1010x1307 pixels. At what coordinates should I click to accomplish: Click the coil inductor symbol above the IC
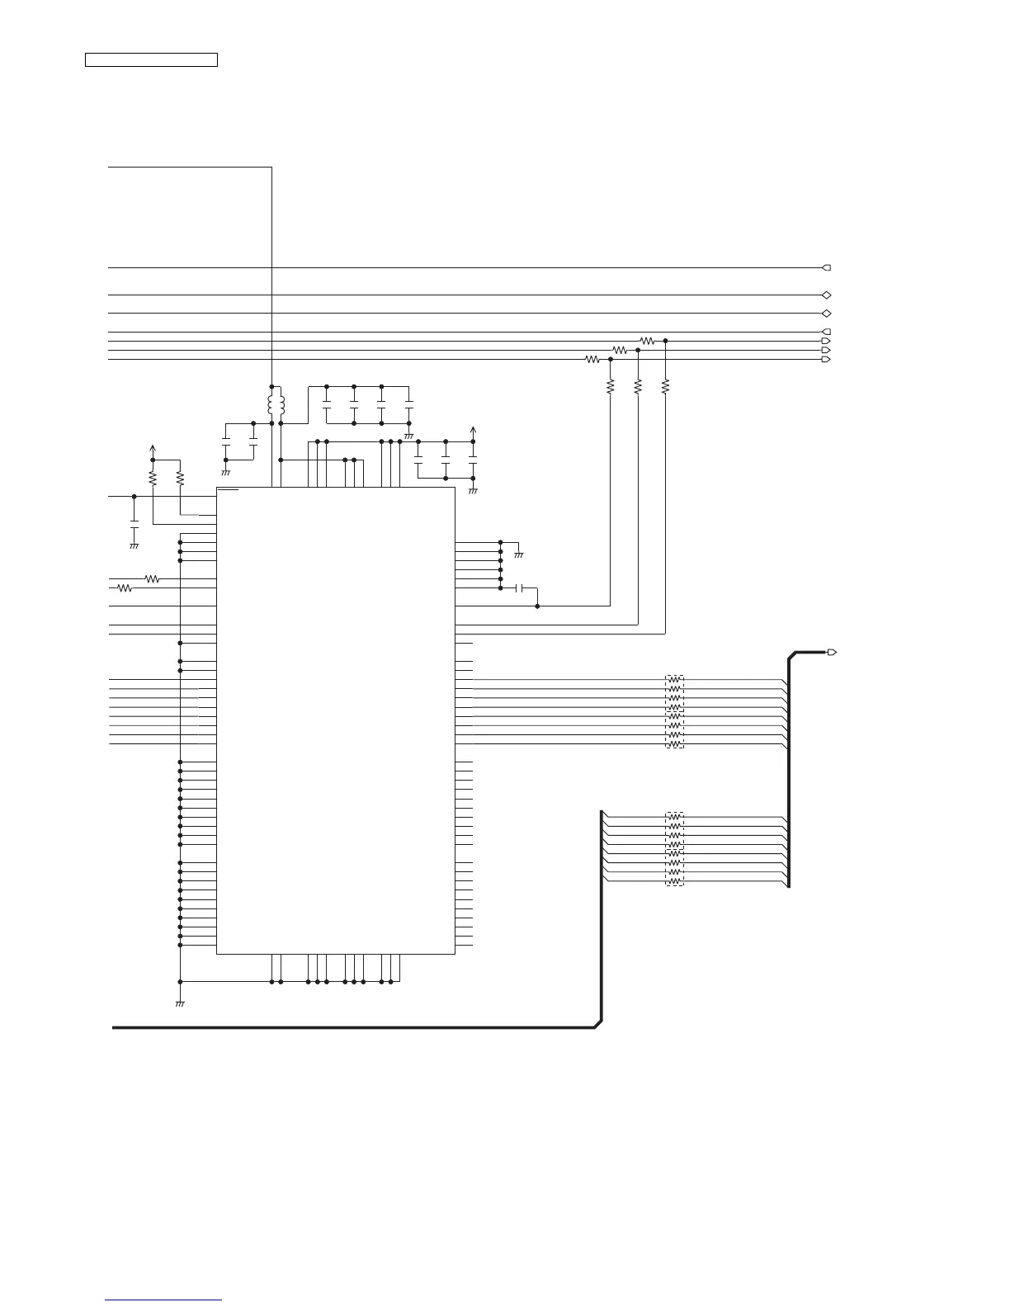pos(276,404)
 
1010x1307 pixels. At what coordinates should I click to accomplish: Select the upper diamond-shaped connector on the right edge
pos(826,295)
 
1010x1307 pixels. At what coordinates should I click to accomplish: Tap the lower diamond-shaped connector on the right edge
pos(826,314)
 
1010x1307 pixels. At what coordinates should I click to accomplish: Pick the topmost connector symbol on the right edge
pos(826,267)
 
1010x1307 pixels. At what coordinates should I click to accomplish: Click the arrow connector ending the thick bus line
pos(832,652)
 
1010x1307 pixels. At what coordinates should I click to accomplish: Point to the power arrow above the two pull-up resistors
pos(153,449)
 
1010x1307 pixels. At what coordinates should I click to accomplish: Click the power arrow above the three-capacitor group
pos(473,430)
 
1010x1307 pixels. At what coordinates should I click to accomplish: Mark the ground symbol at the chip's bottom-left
pos(180,1003)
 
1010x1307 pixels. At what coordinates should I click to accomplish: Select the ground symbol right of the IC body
pos(518,554)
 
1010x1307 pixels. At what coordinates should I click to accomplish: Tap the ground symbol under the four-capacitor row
pos(408,434)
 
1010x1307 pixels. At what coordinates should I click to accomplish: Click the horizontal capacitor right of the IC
pos(520,588)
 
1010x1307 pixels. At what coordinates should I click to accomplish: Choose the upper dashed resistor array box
pos(675,711)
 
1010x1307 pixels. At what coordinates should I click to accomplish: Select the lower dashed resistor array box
pos(675,849)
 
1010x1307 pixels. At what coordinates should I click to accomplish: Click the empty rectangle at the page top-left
pos(152,59)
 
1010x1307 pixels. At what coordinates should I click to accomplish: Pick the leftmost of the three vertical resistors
pos(610,385)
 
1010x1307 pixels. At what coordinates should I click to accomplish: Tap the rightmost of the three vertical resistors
pos(665,385)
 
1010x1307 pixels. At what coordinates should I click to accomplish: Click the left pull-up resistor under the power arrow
pos(153,478)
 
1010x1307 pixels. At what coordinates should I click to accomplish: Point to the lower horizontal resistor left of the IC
pos(125,588)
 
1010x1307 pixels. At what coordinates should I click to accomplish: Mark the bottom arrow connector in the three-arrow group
pos(826,359)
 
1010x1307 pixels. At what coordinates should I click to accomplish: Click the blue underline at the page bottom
pos(163,1301)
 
